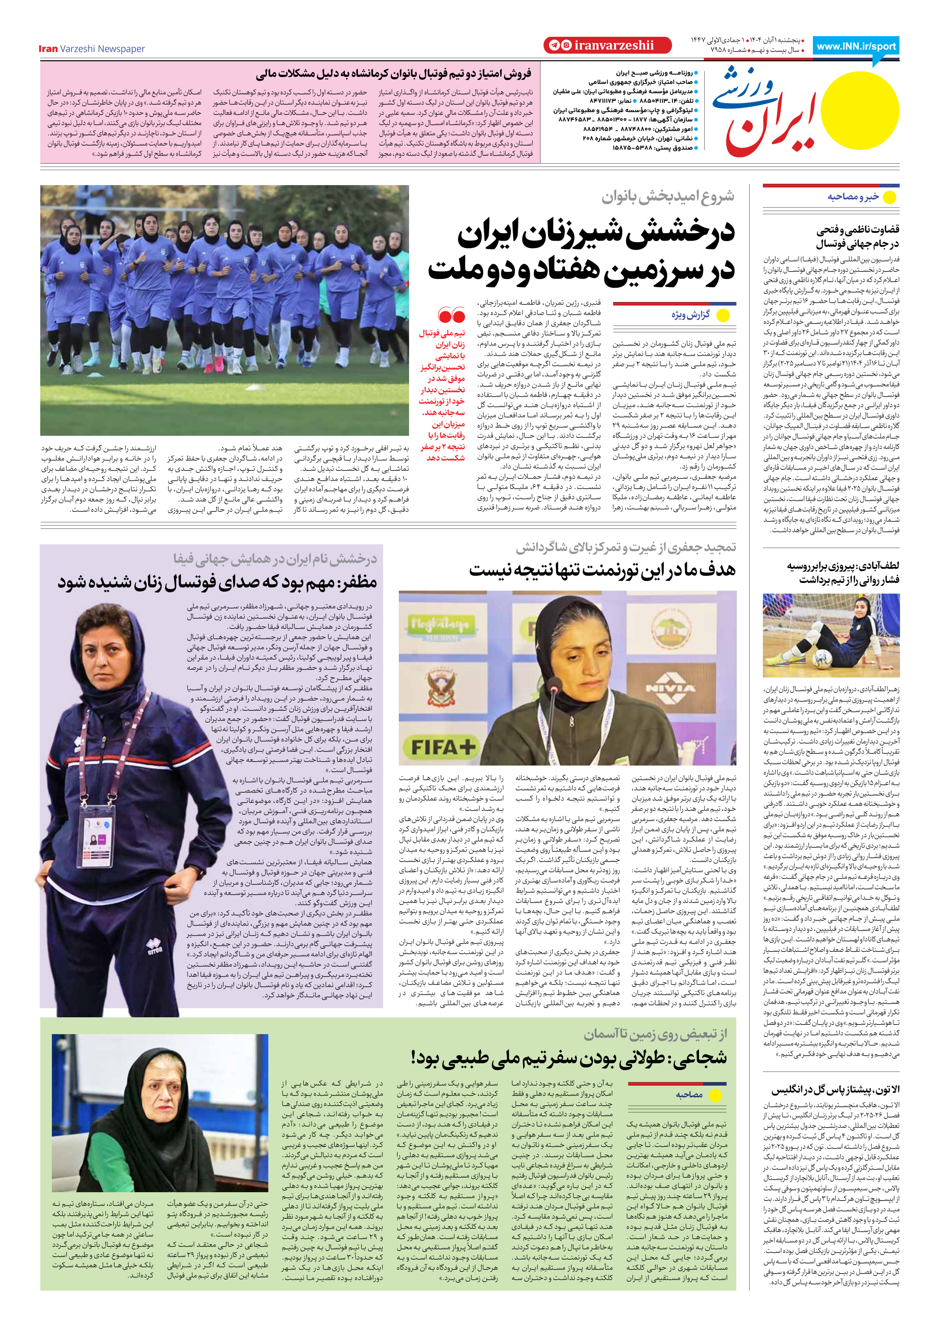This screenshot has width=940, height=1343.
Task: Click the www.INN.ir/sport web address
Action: [856, 47]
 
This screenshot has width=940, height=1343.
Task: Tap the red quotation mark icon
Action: [452, 316]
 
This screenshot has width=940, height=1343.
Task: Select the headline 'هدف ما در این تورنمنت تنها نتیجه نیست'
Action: [602, 570]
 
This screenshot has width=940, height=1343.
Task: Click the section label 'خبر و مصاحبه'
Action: [853, 197]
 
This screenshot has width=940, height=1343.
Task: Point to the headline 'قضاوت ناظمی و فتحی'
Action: [858, 230]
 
